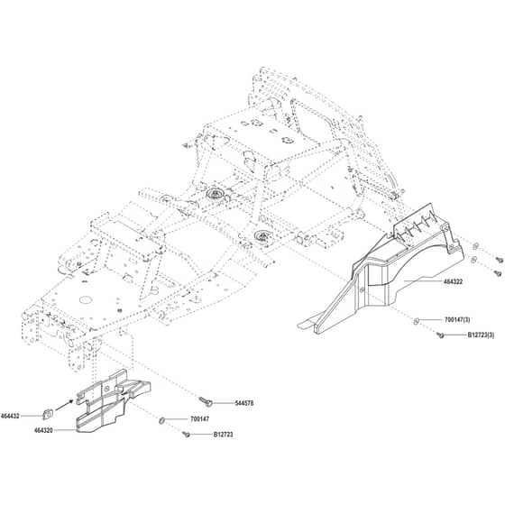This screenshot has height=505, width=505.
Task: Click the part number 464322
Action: point(453,281)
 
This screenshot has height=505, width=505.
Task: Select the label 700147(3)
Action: point(457,320)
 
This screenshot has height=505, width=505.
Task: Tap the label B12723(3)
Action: point(481,335)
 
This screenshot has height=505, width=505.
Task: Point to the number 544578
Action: point(243,403)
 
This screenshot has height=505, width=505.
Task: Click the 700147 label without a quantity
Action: point(199,419)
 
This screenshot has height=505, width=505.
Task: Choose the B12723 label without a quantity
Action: point(224,435)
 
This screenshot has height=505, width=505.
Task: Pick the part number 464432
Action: point(10,416)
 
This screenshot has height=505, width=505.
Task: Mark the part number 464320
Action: point(43,430)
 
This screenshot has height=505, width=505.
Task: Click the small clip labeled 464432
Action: point(48,414)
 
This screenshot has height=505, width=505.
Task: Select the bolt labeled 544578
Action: point(206,400)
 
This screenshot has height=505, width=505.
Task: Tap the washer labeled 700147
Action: point(162,420)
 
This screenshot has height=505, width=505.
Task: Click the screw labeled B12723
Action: point(186,435)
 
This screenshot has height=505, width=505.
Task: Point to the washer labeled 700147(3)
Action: point(416,321)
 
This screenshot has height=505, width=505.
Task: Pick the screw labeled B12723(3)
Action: point(440,335)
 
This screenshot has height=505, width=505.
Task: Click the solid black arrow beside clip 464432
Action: point(64,405)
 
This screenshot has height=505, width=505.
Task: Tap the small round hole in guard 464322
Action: point(363,290)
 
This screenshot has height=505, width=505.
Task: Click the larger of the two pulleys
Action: point(214,194)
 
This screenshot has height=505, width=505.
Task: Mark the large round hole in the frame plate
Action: point(86,299)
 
